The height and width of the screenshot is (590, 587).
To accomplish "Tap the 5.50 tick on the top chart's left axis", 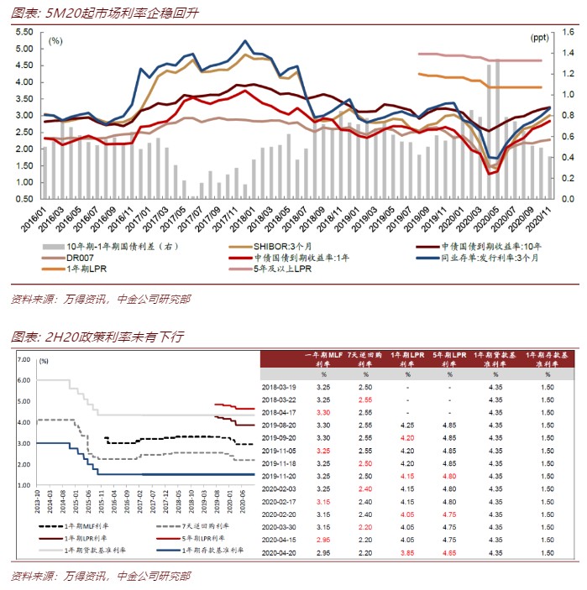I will coord(24,31).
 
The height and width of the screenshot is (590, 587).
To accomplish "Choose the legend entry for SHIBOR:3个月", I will coord(273,247).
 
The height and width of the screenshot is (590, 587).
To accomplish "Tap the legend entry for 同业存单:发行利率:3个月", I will coord(488,258).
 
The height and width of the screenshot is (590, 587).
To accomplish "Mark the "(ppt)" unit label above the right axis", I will coord(540,39).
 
